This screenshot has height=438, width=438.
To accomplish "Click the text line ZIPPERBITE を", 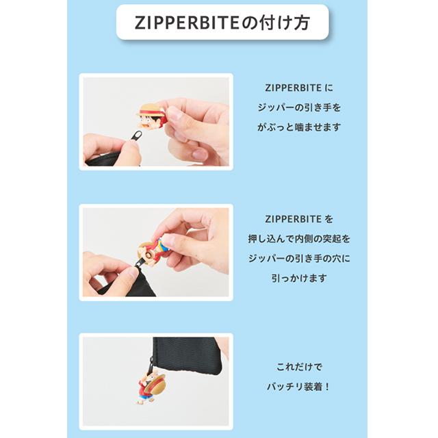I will [298, 220].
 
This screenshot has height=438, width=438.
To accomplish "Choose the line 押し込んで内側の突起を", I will [298, 239].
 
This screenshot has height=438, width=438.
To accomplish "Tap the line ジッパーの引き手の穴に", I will [298, 259].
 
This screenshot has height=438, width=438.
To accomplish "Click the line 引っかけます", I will [298, 279].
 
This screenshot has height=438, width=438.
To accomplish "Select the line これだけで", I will [298, 366].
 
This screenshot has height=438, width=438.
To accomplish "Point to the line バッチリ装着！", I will [298, 386].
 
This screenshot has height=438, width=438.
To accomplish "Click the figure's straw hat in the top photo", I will [152, 109].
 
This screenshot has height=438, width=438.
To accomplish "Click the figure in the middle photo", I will [153, 248].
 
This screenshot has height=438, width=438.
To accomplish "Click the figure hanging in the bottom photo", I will [152, 385].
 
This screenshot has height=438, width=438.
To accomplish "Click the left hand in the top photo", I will [109, 149].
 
